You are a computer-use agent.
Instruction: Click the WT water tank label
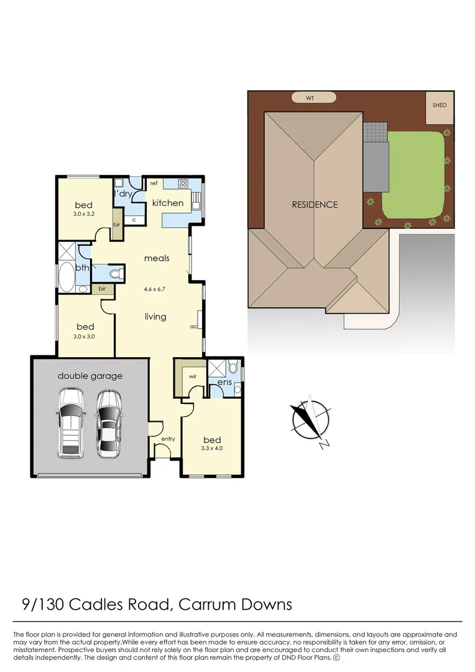tap(314, 98)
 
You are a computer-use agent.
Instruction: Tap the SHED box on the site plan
tap(440, 106)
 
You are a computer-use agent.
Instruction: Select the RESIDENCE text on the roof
tap(315, 204)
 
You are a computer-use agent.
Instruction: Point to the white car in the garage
tap(70, 423)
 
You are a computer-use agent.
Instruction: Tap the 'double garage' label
tap(90, 376)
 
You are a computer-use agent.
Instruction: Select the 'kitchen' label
tap(168, 203)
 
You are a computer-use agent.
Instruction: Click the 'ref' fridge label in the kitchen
tap(152, 184)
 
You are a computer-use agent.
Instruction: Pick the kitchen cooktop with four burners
tap(183, 184)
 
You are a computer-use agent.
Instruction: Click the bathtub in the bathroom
tap(66, 278)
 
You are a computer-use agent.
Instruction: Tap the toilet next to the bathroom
tap(114, 274)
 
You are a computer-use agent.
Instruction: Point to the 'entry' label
tap(168, 439)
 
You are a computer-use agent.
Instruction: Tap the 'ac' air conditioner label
tap(193, 327)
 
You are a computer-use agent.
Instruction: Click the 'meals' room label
tap(157, 258)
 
